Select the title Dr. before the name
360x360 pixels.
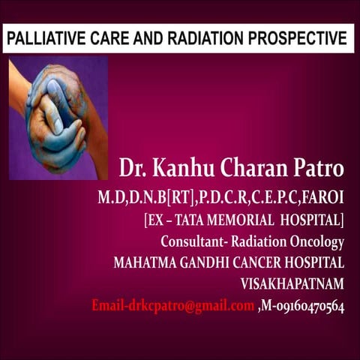click(132, 169)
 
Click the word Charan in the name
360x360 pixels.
click(248, 169)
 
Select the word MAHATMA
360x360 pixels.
click(144, 263)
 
